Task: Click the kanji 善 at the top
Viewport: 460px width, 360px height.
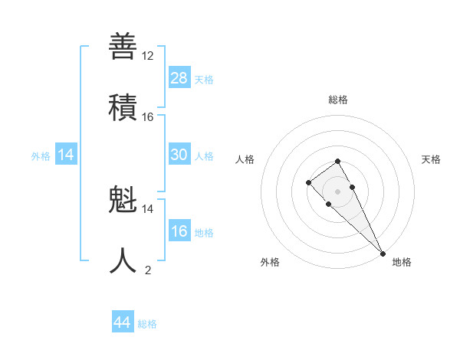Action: coord(123,46)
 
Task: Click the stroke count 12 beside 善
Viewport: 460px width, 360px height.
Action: coord(148,56)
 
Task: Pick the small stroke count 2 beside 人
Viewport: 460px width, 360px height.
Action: coord(148,270)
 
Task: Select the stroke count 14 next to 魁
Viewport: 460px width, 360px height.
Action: coord(148,208)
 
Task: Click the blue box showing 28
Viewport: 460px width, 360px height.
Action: coord(179,77)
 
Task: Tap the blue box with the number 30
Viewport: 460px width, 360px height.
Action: coord(179,155)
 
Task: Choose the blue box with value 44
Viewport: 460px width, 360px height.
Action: coord(122,322)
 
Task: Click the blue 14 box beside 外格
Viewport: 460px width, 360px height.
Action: coord(66,155)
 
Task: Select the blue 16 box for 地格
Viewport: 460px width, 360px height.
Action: coord(179,231)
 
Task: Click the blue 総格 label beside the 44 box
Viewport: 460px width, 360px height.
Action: coord(147,324)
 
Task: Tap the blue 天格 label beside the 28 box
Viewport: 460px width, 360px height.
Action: coord(204,79)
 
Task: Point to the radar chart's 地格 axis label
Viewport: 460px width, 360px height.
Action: coord(402,262)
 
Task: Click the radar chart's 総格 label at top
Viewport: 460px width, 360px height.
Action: coord(337,100)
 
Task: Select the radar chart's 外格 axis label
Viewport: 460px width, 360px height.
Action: coord(270,262)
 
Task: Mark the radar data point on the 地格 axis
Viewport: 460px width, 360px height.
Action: coord(383,253)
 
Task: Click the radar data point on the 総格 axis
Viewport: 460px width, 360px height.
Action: coord(337,161)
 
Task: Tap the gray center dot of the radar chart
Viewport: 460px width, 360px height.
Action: coord(337,191)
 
